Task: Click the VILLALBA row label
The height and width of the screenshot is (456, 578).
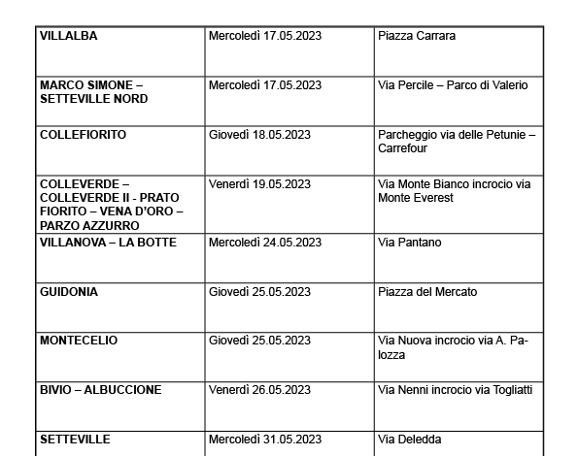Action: (x=69, y=37)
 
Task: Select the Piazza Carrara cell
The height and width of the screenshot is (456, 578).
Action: (x=417, y=37)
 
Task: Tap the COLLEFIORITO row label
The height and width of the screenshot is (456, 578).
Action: (x=84, y=135)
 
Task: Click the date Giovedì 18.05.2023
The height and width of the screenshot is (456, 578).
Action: (x=259, y=135)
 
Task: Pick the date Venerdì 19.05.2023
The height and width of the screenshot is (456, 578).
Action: (x=259, y=184)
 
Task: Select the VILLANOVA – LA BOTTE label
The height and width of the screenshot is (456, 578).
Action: (x=109, y=243)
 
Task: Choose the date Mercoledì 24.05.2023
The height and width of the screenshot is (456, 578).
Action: (x=265, y=243)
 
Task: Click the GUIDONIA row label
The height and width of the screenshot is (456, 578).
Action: (x=69, y=292)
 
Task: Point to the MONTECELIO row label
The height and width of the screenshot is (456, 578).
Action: (x=79, y=341)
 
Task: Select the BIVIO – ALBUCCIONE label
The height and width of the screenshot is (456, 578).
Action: (x=101, y=390)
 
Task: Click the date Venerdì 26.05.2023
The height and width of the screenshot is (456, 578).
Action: (x=259, y=390)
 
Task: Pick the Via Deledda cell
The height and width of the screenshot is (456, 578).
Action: (x=409, y=440)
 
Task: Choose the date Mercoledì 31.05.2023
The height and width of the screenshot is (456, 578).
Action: (x=265, y=440)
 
